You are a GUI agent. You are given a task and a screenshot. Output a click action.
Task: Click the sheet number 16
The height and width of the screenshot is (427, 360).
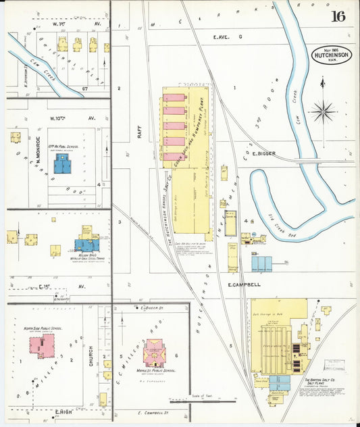(338, 16)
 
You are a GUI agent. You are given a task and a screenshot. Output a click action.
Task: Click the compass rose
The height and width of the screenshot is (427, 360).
(323, 109)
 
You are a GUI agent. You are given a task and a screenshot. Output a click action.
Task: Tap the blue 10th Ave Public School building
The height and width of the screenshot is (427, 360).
(63, 163)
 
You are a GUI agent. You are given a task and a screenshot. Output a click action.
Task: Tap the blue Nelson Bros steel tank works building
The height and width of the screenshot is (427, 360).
(86, 245)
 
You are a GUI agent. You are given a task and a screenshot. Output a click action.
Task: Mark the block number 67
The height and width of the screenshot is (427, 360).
(84, 89)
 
